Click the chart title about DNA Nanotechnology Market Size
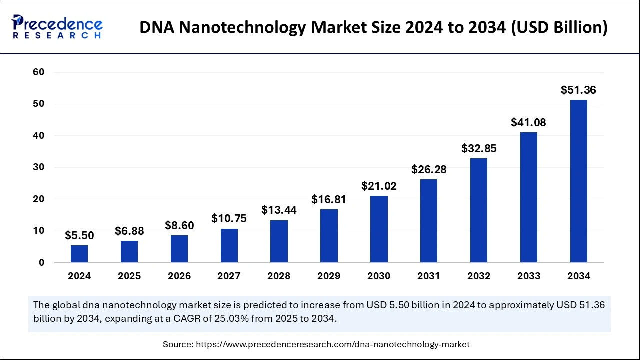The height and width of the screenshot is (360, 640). point(373,28)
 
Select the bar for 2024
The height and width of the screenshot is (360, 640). point(79,254)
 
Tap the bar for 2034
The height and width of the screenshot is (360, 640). point(579,181)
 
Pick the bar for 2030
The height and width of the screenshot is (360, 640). point(379,229)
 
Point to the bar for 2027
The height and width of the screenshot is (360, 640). point(229,245)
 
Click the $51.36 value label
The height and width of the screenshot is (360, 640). point(578,90)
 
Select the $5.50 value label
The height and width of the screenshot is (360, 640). point(79,236)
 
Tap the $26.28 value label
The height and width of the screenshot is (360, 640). point(429,170)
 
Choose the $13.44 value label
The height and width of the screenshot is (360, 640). point(279,210)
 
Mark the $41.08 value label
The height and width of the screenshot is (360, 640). point(528,123)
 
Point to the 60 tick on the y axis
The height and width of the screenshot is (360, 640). point(39,72)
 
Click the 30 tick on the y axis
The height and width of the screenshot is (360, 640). point(39,167)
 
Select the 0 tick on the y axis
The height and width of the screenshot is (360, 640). point(42,262)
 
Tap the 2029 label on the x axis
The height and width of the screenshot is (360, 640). point(329,276)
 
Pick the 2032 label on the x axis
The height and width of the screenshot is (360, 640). point(479,276)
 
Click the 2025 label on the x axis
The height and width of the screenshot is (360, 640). point(129,276)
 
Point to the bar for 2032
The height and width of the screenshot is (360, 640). point(479,210)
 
